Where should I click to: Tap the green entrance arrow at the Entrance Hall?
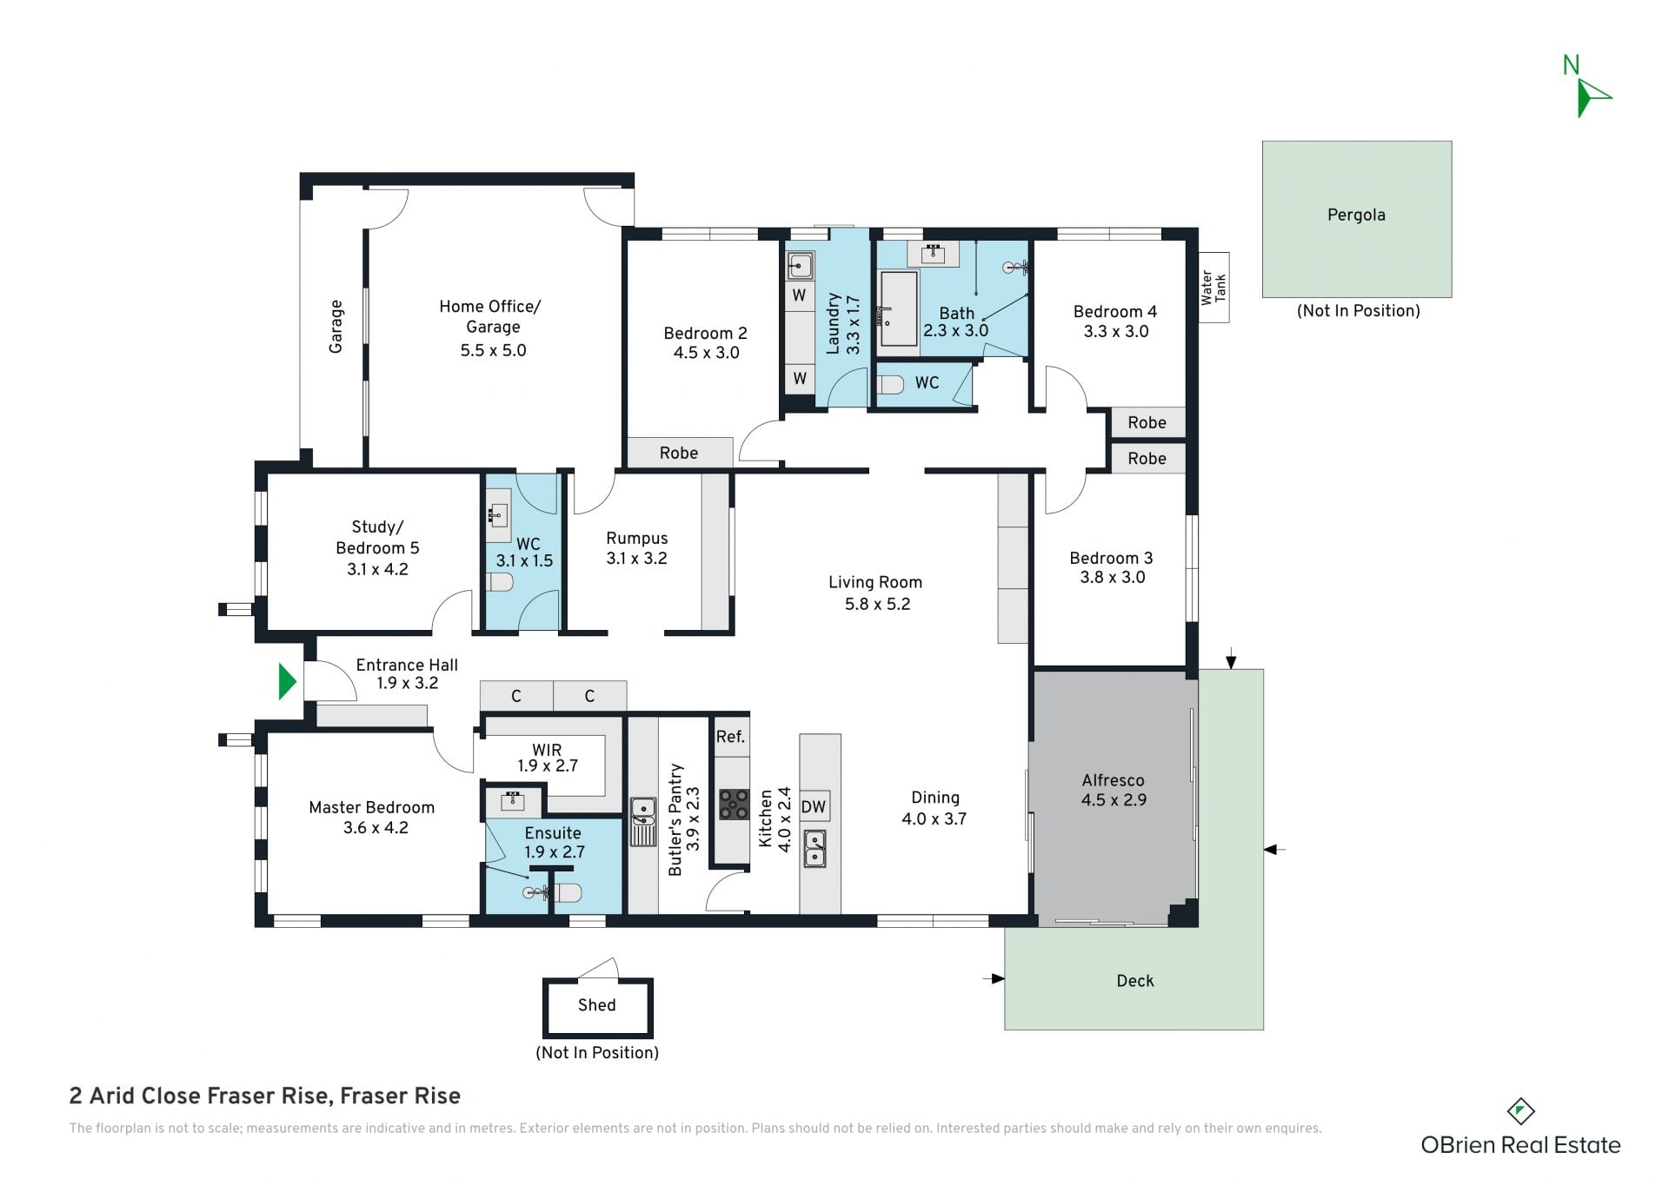pyautogui.click(x=287, y=681)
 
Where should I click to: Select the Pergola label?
pyautogui.click(x=1356, y=215)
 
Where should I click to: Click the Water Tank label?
pyautogui.click(x=1214, y=288)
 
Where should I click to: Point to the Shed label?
pyautogui.click(x=596, y=1004)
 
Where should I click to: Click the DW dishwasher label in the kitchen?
pyautogui.click(x=814, y=806)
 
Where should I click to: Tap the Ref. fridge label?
pyautogui.click(x=730, y=737)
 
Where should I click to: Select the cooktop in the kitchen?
pyautogui.click(x=734, y=805)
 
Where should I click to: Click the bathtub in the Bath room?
pyautogui.click(x=899, y=308)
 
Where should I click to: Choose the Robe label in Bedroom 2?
pyautogui.click(x=679, y=453)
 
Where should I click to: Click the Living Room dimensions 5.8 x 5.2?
pyautogui.click(x=877, y=604)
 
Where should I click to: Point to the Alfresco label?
pyautogui.click(x=1113, y=780)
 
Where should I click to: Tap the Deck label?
pyautogui.click(x=1135, y=981)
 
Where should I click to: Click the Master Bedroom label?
pyautogui.click(x=371, y=807)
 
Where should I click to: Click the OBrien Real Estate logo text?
pyautogui.click(x=1520, y=1145)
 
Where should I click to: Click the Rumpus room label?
pyautogui.click(x=637, y=538)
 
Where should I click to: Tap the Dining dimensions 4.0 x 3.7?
pyautogui.click(x=934, y=818)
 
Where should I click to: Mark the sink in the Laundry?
pyautogui.click(x=801, y=265)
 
